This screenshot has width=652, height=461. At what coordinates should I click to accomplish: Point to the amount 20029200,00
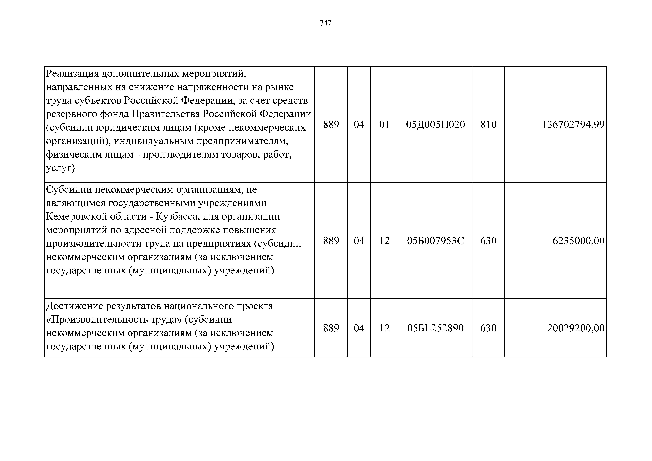[x=576, y=328]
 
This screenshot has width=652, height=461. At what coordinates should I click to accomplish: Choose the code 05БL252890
[x=435, y=328]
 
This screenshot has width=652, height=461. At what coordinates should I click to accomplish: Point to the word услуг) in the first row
[x=60, y=168]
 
